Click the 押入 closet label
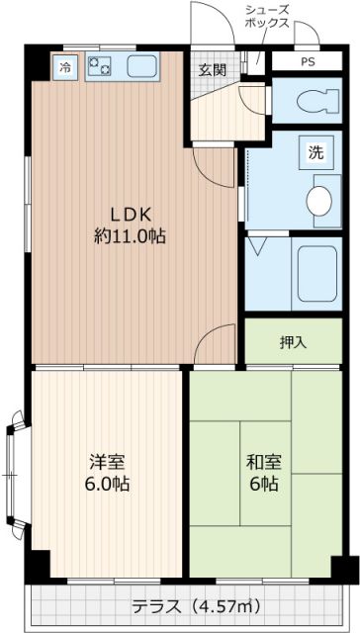293,343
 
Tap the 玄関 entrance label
211,69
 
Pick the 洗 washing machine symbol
315,153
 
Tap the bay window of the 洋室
14,475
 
